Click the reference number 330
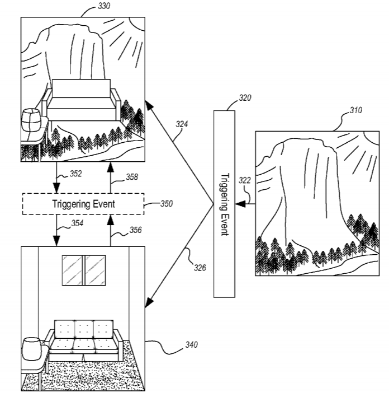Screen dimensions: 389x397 coord(104,6)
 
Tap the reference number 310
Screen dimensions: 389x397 coord(356,110)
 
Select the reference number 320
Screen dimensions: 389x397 coord(245,98)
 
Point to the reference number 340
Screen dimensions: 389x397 coord(191,344)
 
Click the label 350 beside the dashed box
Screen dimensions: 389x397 coord(167,204)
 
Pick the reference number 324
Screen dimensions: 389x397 coord(182,124)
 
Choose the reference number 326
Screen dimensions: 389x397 coord(200,268)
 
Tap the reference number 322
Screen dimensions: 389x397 coord(245,180)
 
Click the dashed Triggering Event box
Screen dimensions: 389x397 coord(83,204)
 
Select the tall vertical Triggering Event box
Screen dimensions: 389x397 coord(224,204)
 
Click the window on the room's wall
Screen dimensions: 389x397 coord(84,270)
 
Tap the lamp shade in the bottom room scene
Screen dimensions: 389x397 coord(32,349)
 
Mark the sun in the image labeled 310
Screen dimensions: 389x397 coord(371,139)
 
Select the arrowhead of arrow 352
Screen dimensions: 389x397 coord(56,188)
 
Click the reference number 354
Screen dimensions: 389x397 coord(77,223)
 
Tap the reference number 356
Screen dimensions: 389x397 coord(136,230)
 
